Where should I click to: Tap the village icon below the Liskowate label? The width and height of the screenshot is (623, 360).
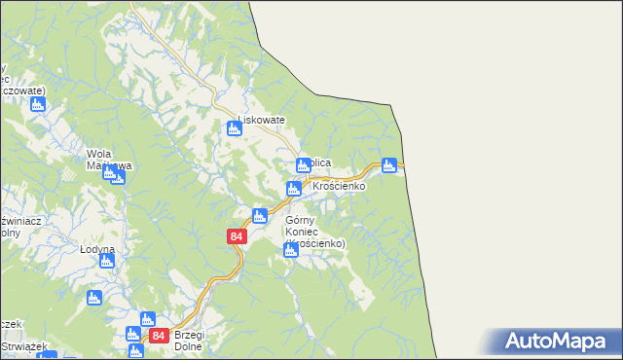click(234, 128)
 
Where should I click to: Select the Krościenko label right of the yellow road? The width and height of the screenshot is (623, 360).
click(338, 185)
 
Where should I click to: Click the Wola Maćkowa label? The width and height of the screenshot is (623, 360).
click(102, 160)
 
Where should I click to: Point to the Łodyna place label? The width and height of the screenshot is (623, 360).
click(97, 249)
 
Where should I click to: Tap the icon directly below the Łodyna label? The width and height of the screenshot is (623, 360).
click(94, 298)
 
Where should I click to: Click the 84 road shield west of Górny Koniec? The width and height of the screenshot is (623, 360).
click(237, 236)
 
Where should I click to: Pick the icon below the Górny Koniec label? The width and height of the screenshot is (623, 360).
click(290, 251)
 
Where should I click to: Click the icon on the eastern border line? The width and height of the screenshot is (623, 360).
click(389, 165)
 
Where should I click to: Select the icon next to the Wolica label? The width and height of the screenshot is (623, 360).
click(303, 165)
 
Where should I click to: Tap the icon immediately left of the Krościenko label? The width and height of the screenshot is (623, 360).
click(293, 189)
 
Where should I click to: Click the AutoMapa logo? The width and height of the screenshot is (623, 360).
click(560, 341)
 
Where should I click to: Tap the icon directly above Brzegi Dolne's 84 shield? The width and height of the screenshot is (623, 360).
click(148, 318)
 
